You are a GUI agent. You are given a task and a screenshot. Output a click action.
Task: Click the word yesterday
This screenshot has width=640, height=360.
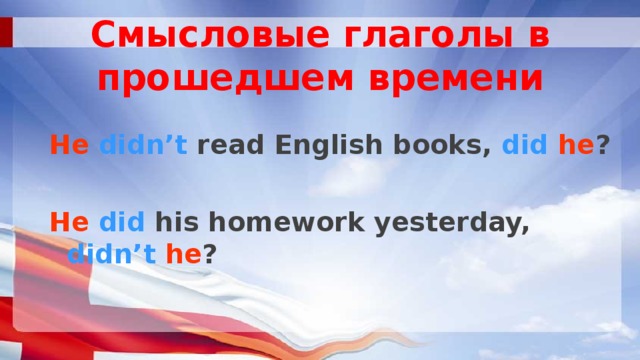[x=455, y=224]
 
